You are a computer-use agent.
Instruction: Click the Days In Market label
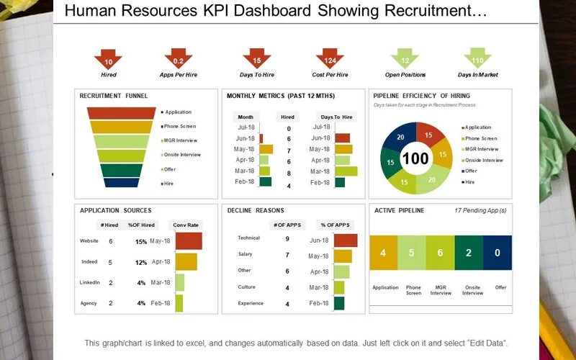477,75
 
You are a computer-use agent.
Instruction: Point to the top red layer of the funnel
121,113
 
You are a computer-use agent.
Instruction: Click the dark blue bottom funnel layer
121,183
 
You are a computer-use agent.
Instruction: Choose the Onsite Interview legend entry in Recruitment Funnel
182,155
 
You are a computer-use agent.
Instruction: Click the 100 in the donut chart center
415,158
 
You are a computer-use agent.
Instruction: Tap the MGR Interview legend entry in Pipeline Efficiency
482,149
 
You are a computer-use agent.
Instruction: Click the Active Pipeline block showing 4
383,253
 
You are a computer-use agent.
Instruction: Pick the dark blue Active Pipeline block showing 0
498,253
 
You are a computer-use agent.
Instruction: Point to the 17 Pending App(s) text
480,211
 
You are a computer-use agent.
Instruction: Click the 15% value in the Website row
141,241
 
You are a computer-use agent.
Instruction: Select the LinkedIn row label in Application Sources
90,283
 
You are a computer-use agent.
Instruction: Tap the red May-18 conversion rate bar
188,241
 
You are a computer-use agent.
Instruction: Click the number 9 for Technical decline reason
287,238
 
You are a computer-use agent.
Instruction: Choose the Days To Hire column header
336,117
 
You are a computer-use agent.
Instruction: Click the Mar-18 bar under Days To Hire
346,171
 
